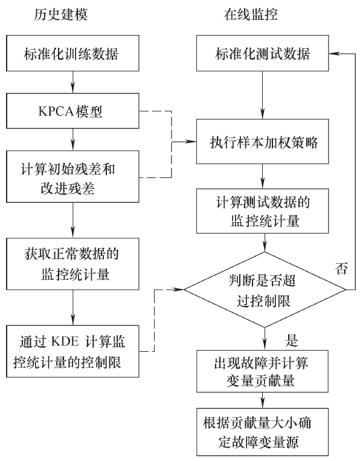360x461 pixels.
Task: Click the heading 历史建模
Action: pyautogui.click(x=60, y=13)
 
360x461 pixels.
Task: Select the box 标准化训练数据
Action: pyautogui.click(x=72, y=54)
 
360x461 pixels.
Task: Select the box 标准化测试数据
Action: pyautogui.click(x=264, y=54)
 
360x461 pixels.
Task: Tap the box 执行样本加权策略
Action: pyautogui.click(x=264, y=143)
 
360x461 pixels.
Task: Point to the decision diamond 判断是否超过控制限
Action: pyautogui.click(x=264, y=291)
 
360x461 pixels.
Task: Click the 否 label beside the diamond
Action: pyautogui.click(x=342, y=265)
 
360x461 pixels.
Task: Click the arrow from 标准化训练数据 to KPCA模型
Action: pyautogui.click(x=72, y=82)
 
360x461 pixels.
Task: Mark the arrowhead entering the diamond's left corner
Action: pyautogui.click(x=180, y=291)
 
